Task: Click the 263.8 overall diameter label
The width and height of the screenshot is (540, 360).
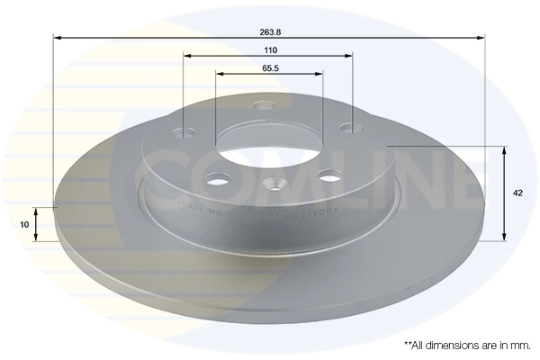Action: [268, 30]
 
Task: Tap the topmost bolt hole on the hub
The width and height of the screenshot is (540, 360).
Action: [264, 106]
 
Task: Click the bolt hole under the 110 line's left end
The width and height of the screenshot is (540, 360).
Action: [186, 133]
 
